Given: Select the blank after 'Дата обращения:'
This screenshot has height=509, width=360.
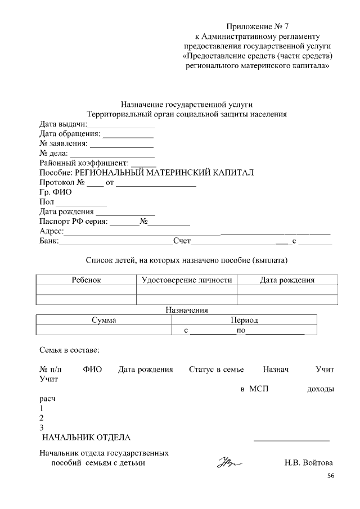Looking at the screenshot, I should tap(128, 135).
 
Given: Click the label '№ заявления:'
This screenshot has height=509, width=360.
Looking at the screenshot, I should tap(64, 144).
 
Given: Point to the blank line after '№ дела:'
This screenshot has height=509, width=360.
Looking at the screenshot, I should tap(112, 154).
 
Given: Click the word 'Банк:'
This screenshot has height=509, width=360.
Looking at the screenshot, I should tap(49, 241).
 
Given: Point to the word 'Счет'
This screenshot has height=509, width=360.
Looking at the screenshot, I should tap(182, 241).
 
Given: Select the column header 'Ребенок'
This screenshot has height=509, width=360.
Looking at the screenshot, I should tap(86, 280).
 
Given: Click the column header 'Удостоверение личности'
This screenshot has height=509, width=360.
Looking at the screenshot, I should tap(186, 280).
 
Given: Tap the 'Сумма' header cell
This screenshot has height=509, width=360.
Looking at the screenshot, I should tap(103, 320).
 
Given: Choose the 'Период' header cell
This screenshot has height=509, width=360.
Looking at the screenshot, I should tap(244, 320).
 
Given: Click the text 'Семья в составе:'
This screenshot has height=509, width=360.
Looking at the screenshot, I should tap(69, 350).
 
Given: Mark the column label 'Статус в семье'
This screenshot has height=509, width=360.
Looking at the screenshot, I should tap(217, 370).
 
